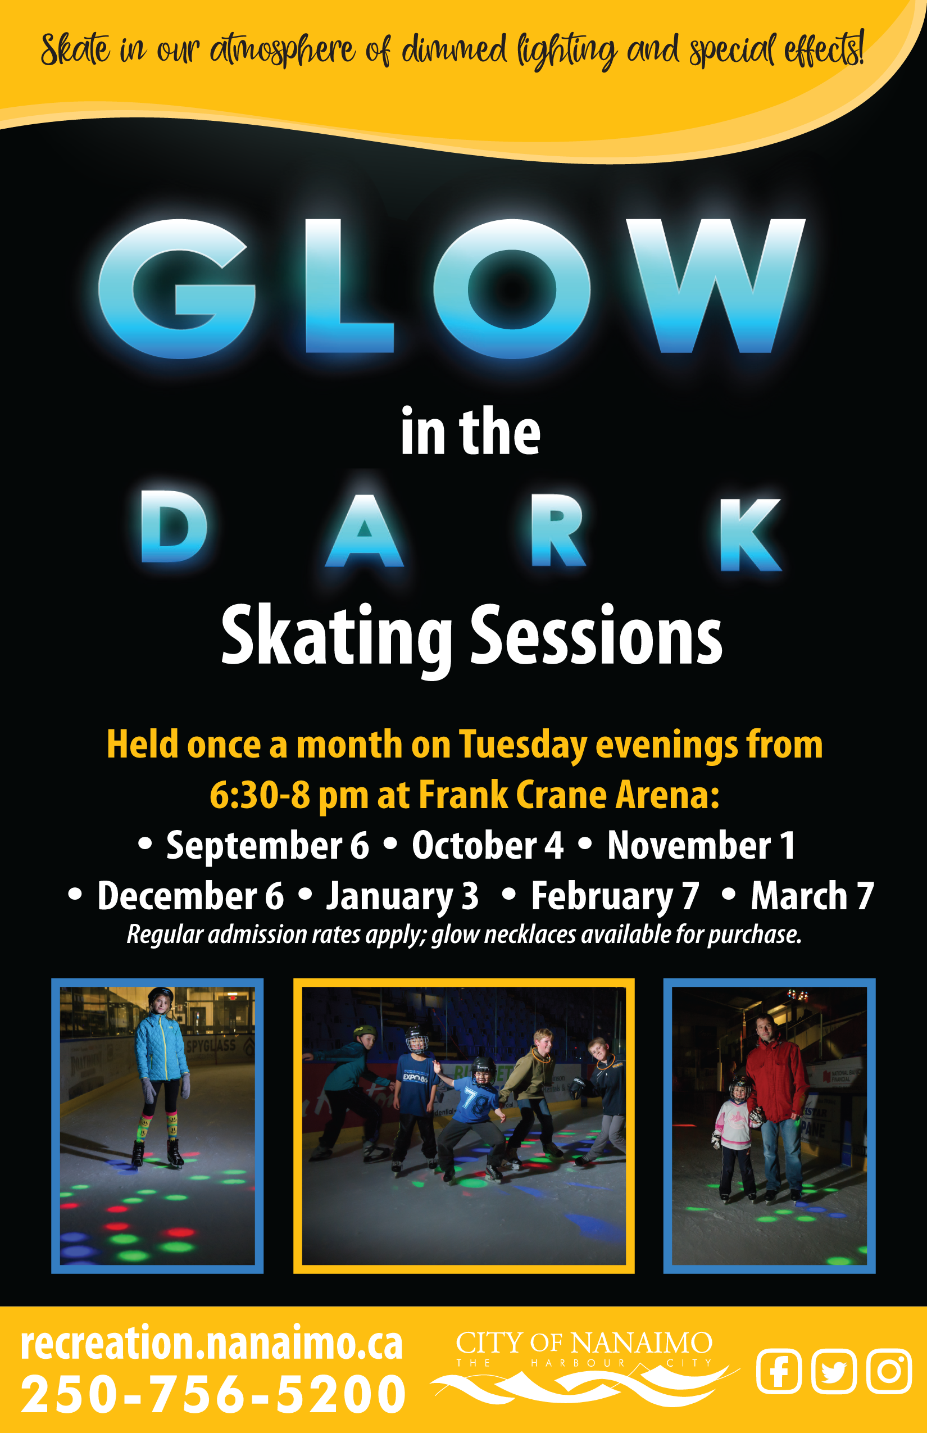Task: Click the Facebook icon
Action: pyautogui.click(x=779, y=1372)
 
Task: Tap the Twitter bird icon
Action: pyautogui.click(x=834, y=1372)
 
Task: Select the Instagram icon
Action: pyautogui.click(x=889, y=1372)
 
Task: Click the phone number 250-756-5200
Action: pyautogui.click(x=213, y=1394)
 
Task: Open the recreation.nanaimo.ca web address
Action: pyautogui.click(x=211, y=1343)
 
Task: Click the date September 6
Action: pyautogui.click(x=267, y=846)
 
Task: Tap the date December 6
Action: pyautogui.click(x=190, y=896)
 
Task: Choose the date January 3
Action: pyautogui.click(x=402, y=897)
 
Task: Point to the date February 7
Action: pyautogui.click(x=615, y=897)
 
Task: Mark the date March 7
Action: pyautogui.click(x=812, y=896)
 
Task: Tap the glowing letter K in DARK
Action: pyautogui.click(x=750, y=534)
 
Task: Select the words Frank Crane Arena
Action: pyautogui.click(x=569, y=795)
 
